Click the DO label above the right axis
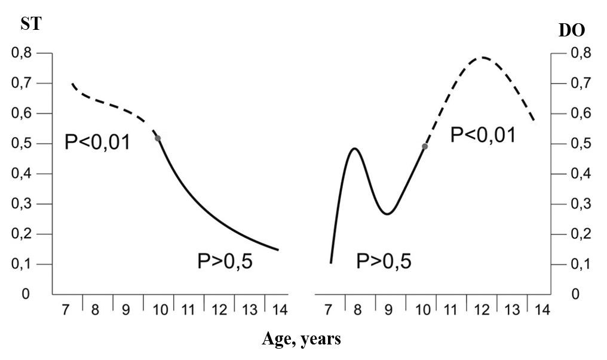tap(571, 31)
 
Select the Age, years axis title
tap(301, 339)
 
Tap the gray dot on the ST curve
tap(158, 139)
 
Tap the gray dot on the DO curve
tap(425, 146)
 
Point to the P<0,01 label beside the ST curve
tap(97, 143)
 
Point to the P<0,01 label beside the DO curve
tap(482, 134)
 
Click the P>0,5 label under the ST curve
tap(225, 261)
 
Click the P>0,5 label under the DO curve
tap(384, 261)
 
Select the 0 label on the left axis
tap(26, 294)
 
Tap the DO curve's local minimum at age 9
tap(388, 214)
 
